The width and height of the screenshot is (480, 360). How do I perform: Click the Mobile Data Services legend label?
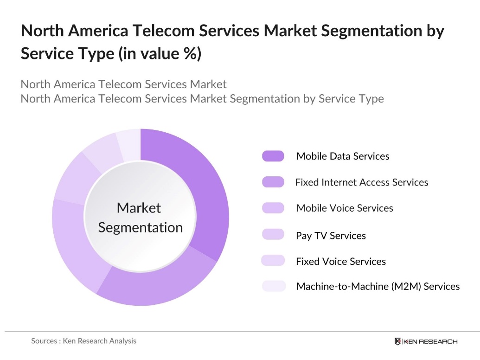tap(343, 156)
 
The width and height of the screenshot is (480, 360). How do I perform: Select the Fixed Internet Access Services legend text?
tap(361, 182)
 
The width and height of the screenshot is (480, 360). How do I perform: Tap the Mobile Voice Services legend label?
tap(345, 208)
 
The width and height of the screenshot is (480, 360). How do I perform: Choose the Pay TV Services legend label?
tap(331, 236)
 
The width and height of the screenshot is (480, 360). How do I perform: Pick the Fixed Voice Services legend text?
tap(340, 262)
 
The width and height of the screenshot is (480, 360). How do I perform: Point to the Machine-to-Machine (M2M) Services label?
tap(378, 287)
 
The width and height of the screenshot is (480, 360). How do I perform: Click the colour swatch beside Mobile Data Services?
tap(273, 156)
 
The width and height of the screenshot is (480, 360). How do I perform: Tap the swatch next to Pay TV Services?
tap(273, 234)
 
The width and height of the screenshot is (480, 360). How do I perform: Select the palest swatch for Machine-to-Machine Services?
tap(273, 286)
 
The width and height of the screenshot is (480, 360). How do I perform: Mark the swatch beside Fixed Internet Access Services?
tap(273, 182)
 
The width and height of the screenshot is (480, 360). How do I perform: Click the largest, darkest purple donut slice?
tap(204, 186)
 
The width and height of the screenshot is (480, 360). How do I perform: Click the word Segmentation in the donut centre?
tap(141, 228)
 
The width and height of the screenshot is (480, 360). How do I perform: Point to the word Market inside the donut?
tap(139, 208)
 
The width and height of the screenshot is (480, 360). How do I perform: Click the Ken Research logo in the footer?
tap(425, 341)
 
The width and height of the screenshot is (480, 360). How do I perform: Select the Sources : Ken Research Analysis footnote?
tap(83, 341)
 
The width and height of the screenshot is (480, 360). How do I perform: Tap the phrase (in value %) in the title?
tap(160, 54)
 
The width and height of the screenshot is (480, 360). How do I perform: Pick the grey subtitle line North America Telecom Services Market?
tap(123, 84)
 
